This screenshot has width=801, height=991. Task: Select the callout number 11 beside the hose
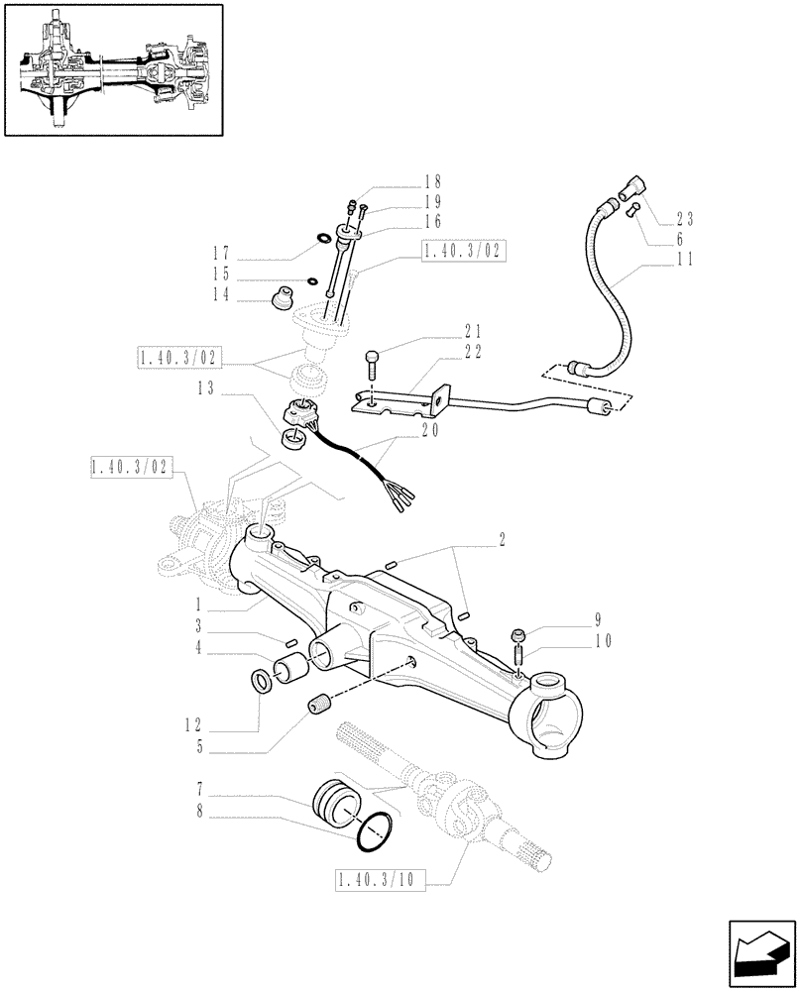coord(684,261)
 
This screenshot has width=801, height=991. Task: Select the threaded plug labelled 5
coord(319,707)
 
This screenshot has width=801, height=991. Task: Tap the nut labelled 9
coord(516,635)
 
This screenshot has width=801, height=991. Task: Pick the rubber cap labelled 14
coord(284,296)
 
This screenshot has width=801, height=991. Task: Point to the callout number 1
coord(199,603)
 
